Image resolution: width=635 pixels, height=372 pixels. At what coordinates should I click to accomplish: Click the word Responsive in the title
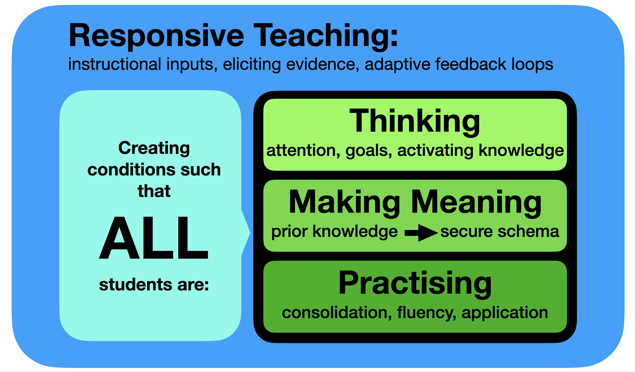click(x=156, y=36)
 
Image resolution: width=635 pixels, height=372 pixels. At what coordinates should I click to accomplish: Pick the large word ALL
click(x=154, y=238)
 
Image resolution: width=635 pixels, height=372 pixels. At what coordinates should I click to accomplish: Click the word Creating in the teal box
click(x=154, y=148)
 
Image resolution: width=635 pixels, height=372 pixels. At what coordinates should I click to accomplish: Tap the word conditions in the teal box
click(x=131, y=169)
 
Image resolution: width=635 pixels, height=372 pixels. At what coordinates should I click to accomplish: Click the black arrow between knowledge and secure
click(x=421, y=233)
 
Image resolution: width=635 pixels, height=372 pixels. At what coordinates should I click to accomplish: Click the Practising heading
click(x=415, y=284)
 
